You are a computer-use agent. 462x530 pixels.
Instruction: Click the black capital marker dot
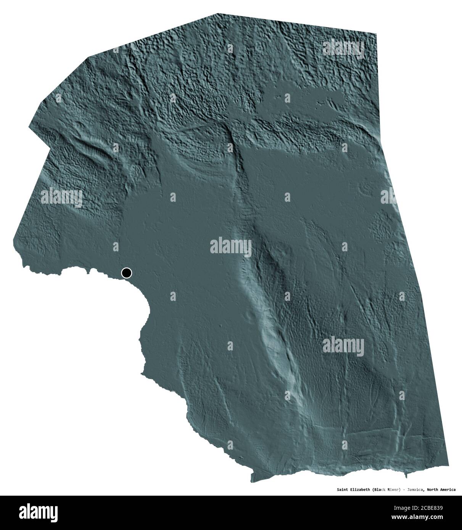point(126,273)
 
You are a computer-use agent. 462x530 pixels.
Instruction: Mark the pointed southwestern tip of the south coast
point(252,481)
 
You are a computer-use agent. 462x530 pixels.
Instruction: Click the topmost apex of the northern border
point(217,14)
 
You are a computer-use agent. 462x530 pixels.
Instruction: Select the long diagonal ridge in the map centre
point(267,305)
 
